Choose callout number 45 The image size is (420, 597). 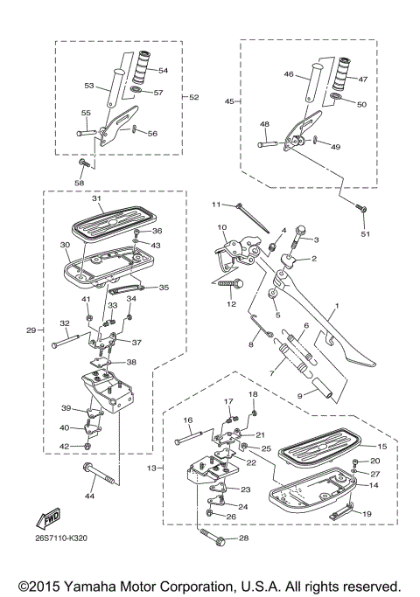pyautogui.click(x=228, y=101)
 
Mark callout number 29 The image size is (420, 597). pyautogui.click(x=31, y=330)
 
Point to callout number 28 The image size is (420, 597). pyautogui.click(x=242, y=538)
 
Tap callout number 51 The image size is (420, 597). pyautogui.click(x=366, y=235)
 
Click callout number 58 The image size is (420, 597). pyautogui.click(x=80, y=183)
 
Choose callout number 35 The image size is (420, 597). pyautogui.click(x=163, y=287)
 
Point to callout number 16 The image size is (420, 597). pyautogui.click(x=187, y=420)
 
